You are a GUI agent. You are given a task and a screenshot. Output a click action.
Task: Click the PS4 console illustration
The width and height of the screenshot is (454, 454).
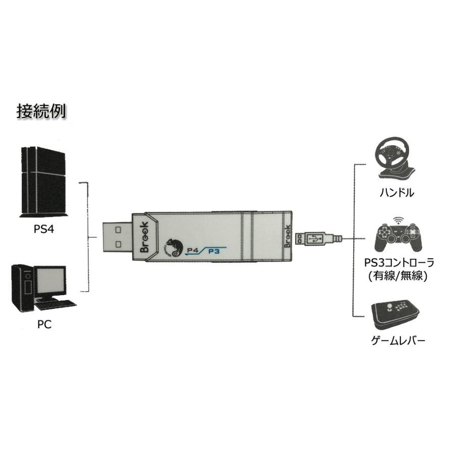pyautogui.click(x=44, y=182)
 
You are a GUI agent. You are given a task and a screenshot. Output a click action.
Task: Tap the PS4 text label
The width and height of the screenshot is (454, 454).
pyautogui.click(x=44, y=230)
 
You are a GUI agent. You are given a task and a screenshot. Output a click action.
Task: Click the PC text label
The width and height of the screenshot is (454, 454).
pyautogui.click(x=44, y=324)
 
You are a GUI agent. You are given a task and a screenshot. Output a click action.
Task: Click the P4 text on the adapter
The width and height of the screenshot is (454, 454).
pyautogui.click(x=193, y=249)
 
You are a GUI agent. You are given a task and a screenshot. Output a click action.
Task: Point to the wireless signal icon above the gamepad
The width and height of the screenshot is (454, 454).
pyautogui.click(x=399, y=220)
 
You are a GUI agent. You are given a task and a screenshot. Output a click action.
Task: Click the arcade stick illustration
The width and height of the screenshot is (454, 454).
pyautogui.click(x=395, y=314)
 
